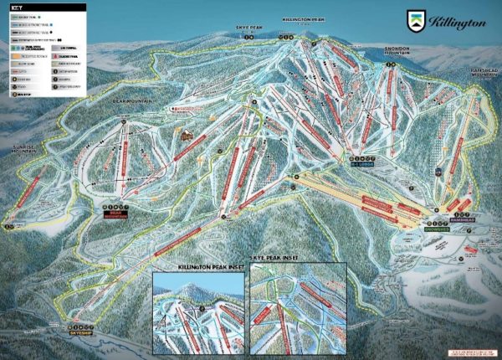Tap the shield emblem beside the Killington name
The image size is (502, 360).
click(417, 21)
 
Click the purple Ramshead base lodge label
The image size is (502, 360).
click(439, 214)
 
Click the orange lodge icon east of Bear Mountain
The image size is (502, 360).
click(187, 133)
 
